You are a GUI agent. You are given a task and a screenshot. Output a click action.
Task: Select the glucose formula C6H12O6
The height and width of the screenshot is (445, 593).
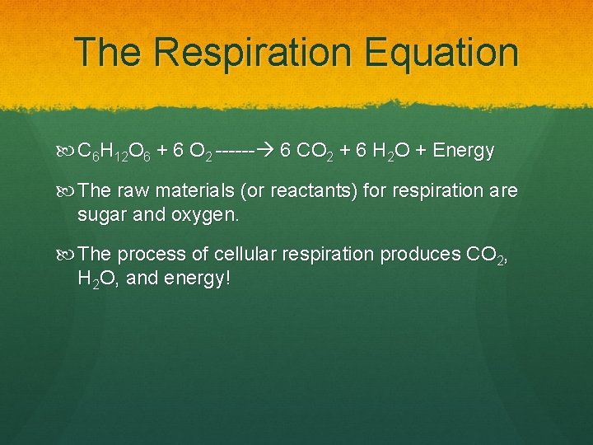coord(113,152)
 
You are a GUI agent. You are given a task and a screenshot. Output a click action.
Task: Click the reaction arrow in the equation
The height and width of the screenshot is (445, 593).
coord(247,151)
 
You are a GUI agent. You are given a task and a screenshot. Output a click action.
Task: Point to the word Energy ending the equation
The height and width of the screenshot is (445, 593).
coord(464,151)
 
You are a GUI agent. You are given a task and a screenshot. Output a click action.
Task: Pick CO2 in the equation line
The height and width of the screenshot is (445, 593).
coord(315,151)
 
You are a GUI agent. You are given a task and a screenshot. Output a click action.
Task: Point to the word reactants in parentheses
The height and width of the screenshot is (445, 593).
coord(297,191)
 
